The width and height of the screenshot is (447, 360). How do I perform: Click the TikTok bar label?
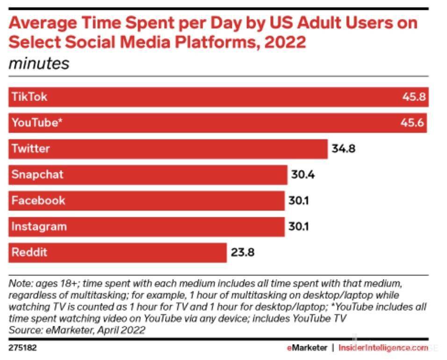tap(29, 97)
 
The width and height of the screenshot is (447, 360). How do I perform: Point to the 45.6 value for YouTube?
tap(413, 123)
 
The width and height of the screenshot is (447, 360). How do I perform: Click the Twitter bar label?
tap(30, 149)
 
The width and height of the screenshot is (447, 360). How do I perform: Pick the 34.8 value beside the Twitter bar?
tap(343, 149)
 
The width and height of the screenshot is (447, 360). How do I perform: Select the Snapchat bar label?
tap(37, 175)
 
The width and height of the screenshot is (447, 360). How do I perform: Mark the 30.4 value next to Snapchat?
tap(303, 175)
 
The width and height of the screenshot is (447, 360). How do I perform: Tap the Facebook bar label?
tap(38, 201)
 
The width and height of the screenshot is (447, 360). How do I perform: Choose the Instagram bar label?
tap(39, 227)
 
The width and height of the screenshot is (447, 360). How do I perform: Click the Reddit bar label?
tap(29, 252)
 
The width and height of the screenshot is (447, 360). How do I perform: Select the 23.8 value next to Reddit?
tap(242, 253)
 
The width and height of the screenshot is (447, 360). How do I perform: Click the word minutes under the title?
tap(39, 63)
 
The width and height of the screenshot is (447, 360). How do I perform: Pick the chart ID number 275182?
tap(23, 348)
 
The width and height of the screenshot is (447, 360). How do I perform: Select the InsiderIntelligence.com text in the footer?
tap(383, 348)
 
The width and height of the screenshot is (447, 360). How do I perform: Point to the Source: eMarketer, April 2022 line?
tap(77, 330)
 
